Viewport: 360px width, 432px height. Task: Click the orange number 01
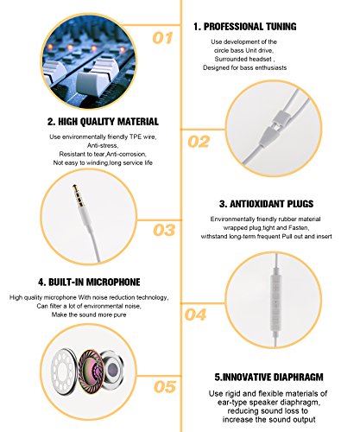point(162,38)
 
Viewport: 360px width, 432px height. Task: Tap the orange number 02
point(199,142)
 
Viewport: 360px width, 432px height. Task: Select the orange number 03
point(164,230)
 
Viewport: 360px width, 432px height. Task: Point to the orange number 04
point(195,314)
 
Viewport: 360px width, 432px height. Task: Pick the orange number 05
point(165,387)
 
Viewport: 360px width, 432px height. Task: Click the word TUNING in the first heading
point(281,27)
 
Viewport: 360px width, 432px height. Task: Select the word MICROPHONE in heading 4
point(113,282)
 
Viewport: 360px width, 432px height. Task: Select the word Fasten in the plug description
point(299,228)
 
